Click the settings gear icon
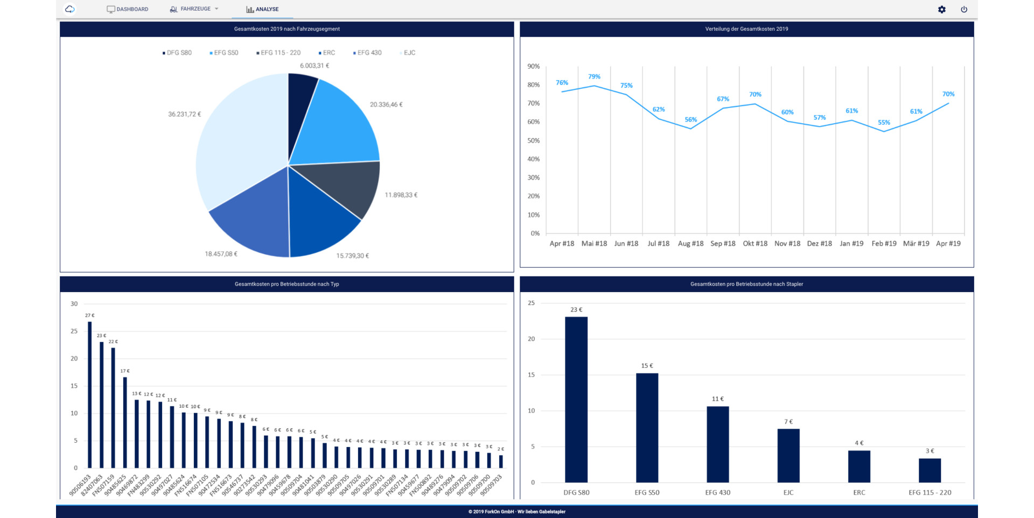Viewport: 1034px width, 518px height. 941,9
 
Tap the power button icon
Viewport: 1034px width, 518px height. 964,9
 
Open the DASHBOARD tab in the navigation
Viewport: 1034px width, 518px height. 128,9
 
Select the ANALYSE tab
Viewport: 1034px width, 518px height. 262,9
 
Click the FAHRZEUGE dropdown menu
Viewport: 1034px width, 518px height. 194,9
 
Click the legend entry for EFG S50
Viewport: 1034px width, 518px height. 223,53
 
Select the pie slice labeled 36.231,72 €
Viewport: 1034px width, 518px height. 237,145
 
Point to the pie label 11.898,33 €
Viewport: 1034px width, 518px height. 401,195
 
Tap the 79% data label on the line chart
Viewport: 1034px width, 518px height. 594,77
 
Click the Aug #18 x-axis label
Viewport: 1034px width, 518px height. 690,244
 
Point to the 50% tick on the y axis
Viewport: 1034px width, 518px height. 533,140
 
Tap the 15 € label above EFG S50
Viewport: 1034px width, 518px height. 647,366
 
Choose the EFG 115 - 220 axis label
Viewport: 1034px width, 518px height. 930,492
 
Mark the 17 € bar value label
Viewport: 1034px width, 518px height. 125,371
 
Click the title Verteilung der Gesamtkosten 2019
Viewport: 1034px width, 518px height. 746,29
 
